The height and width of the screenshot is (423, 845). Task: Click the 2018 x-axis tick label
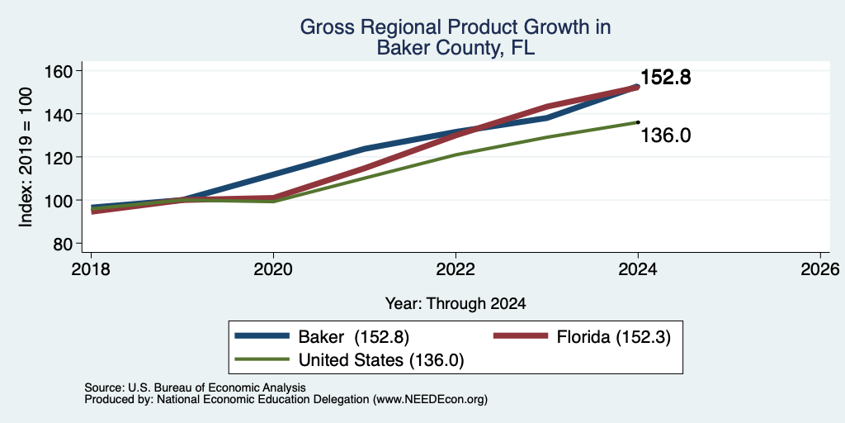point(92,269)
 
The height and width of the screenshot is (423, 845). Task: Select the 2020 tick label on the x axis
point(274,269)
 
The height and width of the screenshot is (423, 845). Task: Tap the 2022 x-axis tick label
point(456,269)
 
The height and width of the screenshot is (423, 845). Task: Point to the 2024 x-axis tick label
point(638,269)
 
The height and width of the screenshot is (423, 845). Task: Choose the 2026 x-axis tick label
point(820,269)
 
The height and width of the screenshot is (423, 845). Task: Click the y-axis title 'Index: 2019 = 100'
point(26,157)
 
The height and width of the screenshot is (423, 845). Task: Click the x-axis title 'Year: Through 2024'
point(456,304)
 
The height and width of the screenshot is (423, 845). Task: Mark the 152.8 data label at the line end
point(666,78)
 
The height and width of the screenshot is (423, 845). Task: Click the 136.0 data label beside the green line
point(666,135)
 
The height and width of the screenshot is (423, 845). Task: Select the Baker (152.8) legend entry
point(323,337)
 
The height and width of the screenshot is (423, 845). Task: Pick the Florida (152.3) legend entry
point(583,337)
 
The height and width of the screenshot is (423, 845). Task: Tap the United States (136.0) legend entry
point(349,360)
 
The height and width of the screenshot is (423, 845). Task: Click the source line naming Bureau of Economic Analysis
point(195,387)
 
